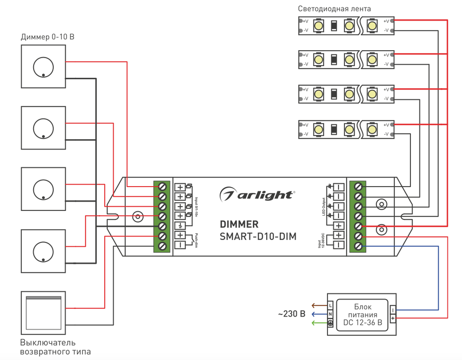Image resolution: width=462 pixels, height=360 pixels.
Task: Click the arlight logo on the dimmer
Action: pyautogui.click(x=258, y=194)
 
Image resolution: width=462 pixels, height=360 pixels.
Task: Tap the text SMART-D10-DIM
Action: pyautogui.click(x=258, y=237)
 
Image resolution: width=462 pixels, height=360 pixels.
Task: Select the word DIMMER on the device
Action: pyautogui.click(x=239, y=224)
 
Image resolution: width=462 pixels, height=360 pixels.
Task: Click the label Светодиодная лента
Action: pyautogui.click(x=334, y=9)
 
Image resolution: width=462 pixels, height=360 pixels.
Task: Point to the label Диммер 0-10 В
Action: pyautogui.click(x=48, y=37)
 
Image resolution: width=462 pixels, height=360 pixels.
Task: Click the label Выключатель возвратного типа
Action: pyautogui.click(x=56, y=347)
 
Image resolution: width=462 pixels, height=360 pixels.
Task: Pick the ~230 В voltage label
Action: pyautogui.click(x=292, y=314)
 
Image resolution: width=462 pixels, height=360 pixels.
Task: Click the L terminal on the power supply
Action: pyautogui.click(x=330, y=306)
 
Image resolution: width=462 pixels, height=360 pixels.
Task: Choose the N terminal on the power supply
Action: pyautogui.click(x=330, y=314)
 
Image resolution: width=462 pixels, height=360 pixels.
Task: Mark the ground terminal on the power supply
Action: pyautogui.click(x=330, y=323)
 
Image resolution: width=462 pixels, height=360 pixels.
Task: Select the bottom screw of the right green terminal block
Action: pyautogui.click(x=359, y=246)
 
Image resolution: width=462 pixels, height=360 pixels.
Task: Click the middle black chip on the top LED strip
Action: pyautogui.click(x=334, y=25)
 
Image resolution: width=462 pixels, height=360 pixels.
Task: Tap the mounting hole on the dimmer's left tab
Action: pyautogui.click(x=137, y=217)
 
